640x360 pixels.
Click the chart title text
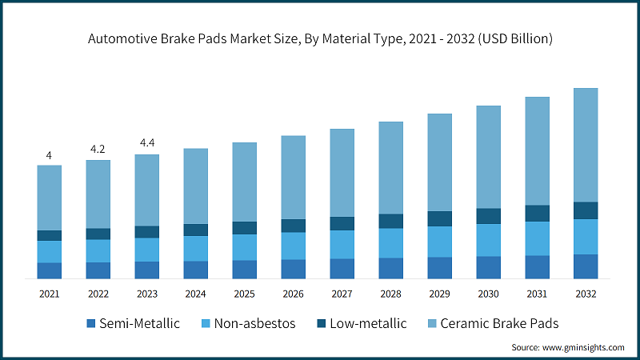tap(320, 38)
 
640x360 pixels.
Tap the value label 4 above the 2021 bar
tap(49, 155)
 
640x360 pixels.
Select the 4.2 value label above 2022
tap(98, 149)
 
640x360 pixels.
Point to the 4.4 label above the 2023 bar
tap(146, 143)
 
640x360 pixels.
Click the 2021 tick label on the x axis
tap(49, 294)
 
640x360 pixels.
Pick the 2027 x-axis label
tap(342, 294)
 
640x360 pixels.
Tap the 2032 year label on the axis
tap(586, 294)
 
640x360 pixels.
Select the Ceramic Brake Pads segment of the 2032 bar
tap(586, 145)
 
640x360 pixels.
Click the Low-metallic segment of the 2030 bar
tap(488, 216)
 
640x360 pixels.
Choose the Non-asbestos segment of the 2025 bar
tap(244, 247)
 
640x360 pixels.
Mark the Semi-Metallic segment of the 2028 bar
tap(390, 268)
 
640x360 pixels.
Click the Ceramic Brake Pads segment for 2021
tap(49, 198)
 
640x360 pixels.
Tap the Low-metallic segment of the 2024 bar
tap(195, 230)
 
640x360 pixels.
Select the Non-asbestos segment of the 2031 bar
tap(537, 238)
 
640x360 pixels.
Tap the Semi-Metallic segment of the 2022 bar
tap(98, 270)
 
